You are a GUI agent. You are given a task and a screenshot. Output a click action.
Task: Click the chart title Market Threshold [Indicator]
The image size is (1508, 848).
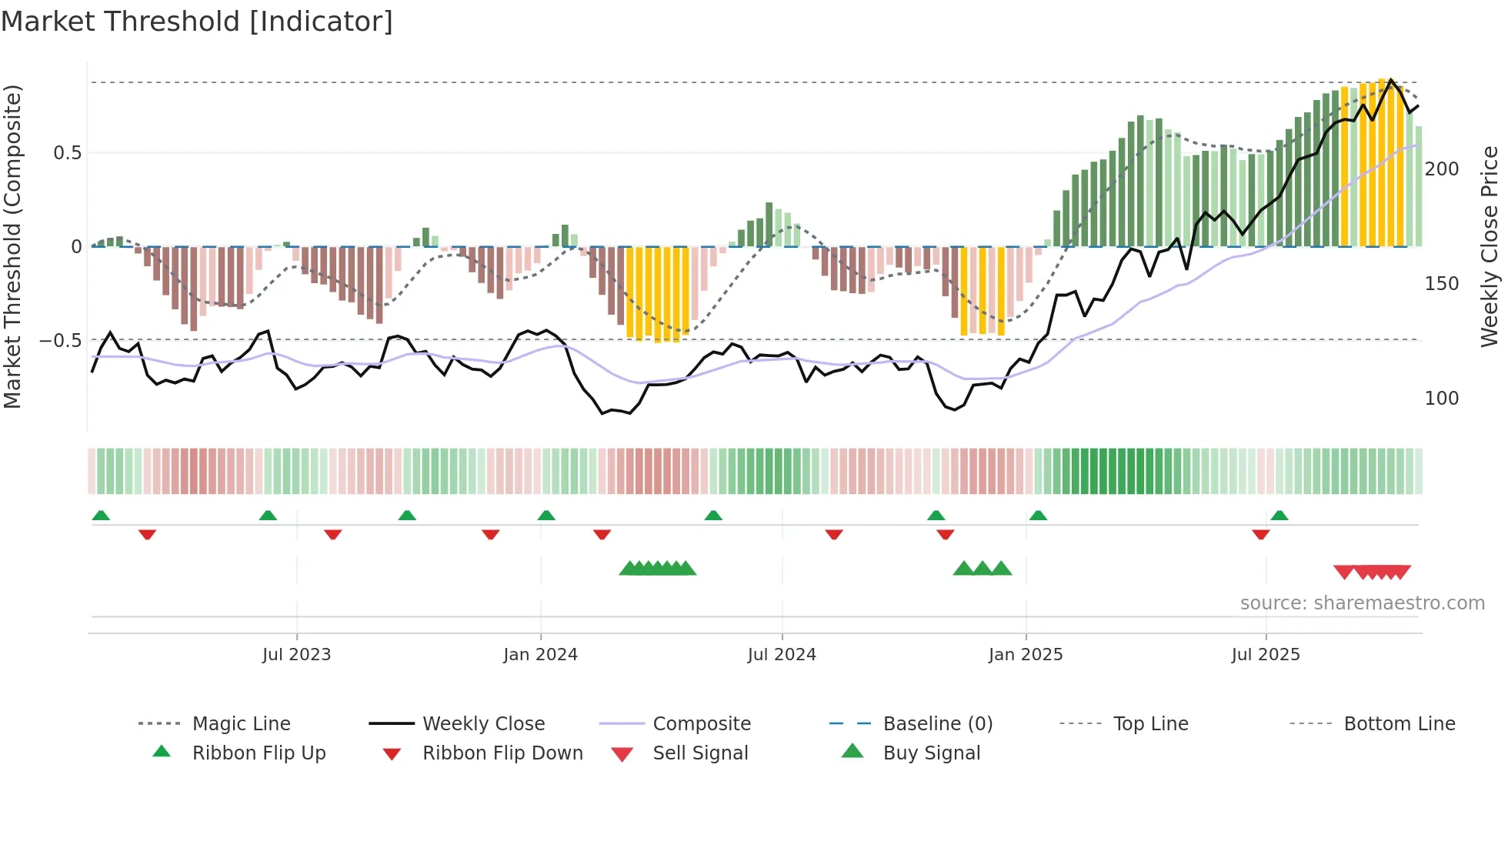(x=197, y=22)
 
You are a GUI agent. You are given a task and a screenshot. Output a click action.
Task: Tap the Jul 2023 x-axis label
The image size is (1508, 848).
(x=296, y=655)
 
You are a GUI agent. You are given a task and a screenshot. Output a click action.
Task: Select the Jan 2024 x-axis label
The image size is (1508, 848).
(x=540, y=655)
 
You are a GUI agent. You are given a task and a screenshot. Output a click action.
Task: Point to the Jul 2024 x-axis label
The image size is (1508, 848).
(x=782, y=655)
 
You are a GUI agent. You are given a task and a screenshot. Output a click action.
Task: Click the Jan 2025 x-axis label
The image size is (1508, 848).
(x=1026, y=655)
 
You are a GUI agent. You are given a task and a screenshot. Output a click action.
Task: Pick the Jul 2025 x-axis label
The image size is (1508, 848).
(x=1266, y=655)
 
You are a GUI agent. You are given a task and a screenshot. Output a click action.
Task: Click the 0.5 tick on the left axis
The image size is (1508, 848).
(x=68, y=153)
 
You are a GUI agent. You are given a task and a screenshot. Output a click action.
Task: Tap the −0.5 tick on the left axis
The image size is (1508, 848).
(x=61, y=340)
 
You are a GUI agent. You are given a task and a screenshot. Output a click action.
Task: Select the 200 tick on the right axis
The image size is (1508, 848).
(x=1442, y=169)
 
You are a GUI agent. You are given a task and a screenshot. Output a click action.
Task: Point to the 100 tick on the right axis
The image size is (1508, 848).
(x=1442, y=399)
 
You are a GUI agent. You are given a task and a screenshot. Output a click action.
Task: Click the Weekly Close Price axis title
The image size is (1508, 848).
(x=1490, y=246)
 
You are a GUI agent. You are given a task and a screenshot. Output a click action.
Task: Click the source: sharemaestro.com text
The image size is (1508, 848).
(x=1362, y=603)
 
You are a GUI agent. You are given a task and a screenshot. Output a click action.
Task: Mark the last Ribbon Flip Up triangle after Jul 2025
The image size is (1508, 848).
(x=1279, y=516)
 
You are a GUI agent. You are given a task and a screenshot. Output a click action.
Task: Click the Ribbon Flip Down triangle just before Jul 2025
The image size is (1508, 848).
(x=1260, y=534)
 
